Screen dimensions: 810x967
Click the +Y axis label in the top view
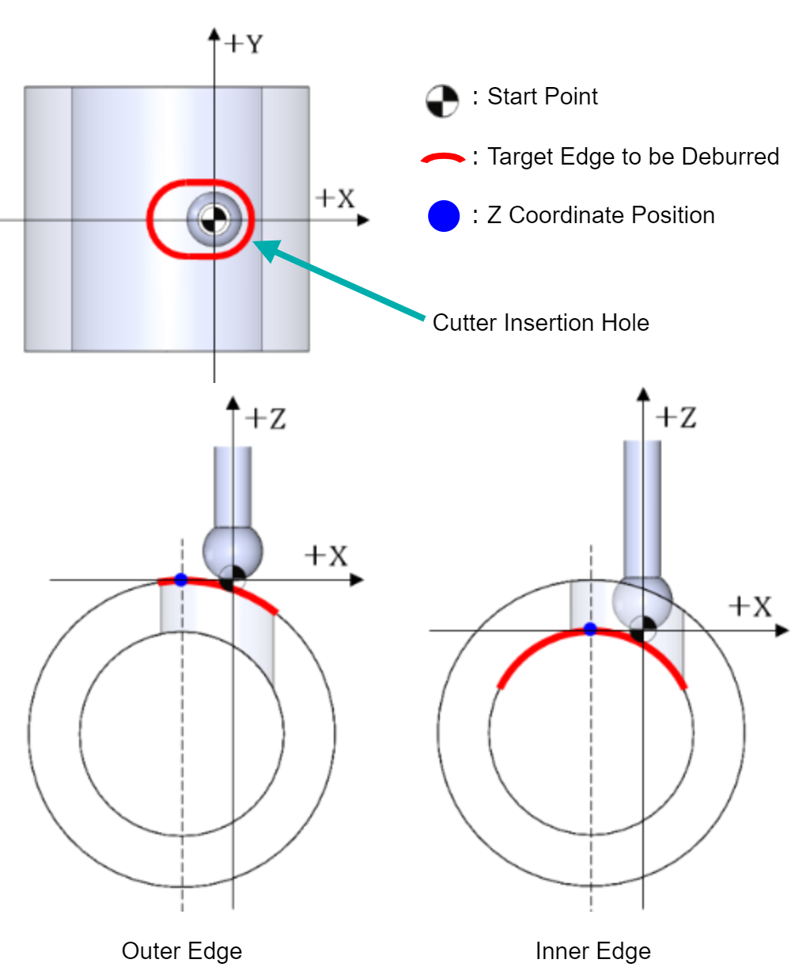point(244,44)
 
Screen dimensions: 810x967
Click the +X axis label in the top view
point(335,198)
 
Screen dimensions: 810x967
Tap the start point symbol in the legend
point(442,100)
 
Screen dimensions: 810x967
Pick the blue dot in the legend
point(444,216)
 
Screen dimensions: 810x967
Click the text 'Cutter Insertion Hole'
point(540,322)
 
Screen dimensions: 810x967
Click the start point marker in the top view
point(214,219)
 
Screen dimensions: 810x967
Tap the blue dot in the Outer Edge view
point(180,579)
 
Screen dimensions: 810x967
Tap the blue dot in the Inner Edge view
point(590,629)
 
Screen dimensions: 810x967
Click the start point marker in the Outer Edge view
point(232,578)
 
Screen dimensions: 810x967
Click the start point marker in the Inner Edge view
point(642,629)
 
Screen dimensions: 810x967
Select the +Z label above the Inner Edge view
point(676,417)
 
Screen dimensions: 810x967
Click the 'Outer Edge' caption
point(182,952)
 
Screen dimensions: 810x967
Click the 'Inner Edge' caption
point(593,952)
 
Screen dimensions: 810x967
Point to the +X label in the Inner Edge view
point(751,606)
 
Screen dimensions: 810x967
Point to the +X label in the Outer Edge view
point(326,556)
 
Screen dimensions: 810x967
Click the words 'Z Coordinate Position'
point(601,215)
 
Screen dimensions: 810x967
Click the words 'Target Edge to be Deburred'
point(633,157)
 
